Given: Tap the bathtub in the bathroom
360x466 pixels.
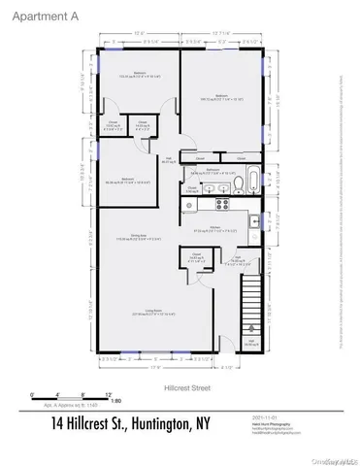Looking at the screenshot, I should [x=250, y=180].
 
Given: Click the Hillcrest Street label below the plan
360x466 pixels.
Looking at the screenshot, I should [x=180, y=386].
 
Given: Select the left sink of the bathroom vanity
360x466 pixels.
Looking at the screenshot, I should [x=203, y=184].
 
